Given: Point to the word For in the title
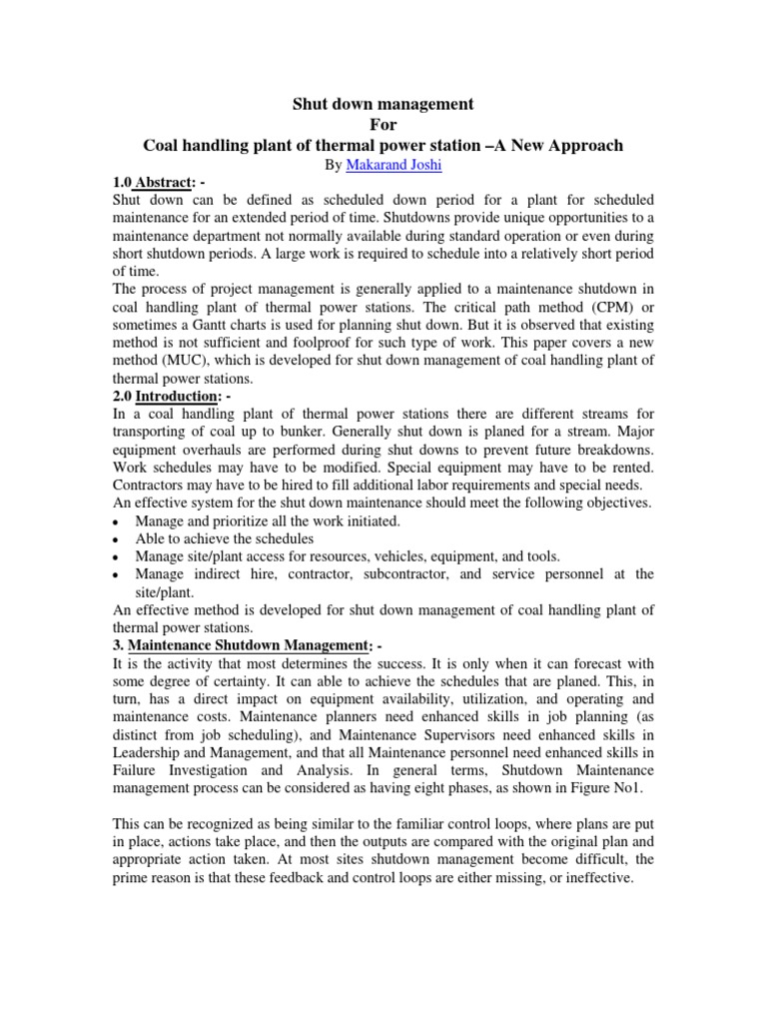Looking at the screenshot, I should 383,124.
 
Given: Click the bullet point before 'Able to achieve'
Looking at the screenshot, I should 118,538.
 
